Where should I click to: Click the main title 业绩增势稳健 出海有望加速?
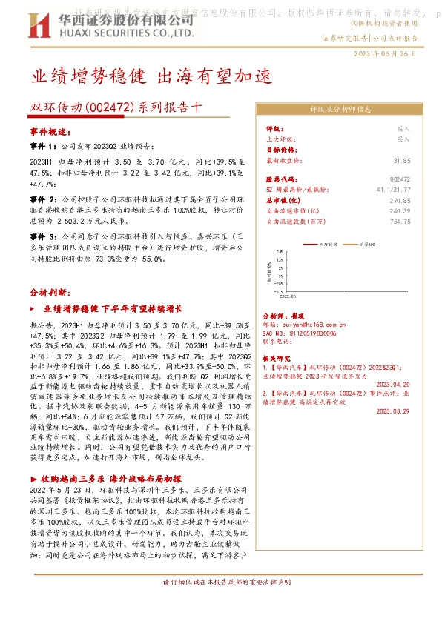[152, 76]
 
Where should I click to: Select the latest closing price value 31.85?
[401, 159]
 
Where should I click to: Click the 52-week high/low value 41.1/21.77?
[394, 190]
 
